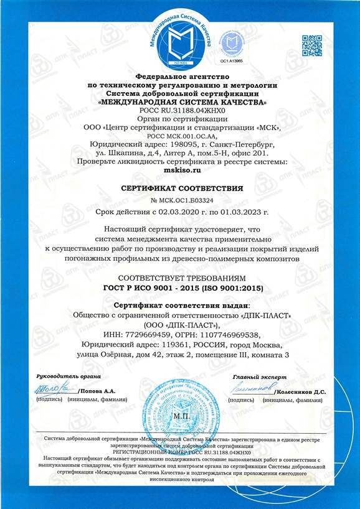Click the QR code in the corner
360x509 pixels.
click(x=313, y=45)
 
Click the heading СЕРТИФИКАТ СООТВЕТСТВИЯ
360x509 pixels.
click(x=180, y=187)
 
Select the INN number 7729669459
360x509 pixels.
click(x=149, y=334)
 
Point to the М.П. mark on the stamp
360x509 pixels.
click(x=181, y=414)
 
